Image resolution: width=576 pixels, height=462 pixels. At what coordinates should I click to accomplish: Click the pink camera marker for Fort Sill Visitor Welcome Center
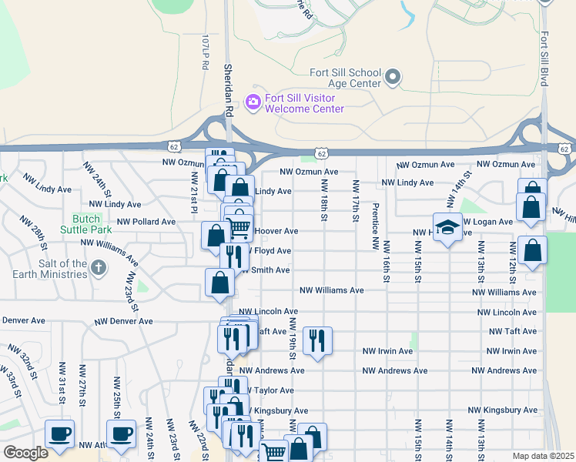(x=252, y=102)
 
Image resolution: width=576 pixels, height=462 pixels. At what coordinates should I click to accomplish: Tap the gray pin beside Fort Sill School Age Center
(x=393, y=77)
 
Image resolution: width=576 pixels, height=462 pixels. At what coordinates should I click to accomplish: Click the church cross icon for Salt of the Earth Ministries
(x=97, y=268)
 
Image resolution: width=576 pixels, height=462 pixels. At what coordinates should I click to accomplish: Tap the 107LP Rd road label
(x=206, y=52)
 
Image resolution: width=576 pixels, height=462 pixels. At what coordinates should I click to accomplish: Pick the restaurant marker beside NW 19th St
(x=317, y=340)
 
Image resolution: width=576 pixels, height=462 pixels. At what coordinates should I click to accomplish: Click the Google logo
(x=25, y=453)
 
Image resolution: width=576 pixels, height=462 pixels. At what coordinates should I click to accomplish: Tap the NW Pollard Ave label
(x=146, y=222)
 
